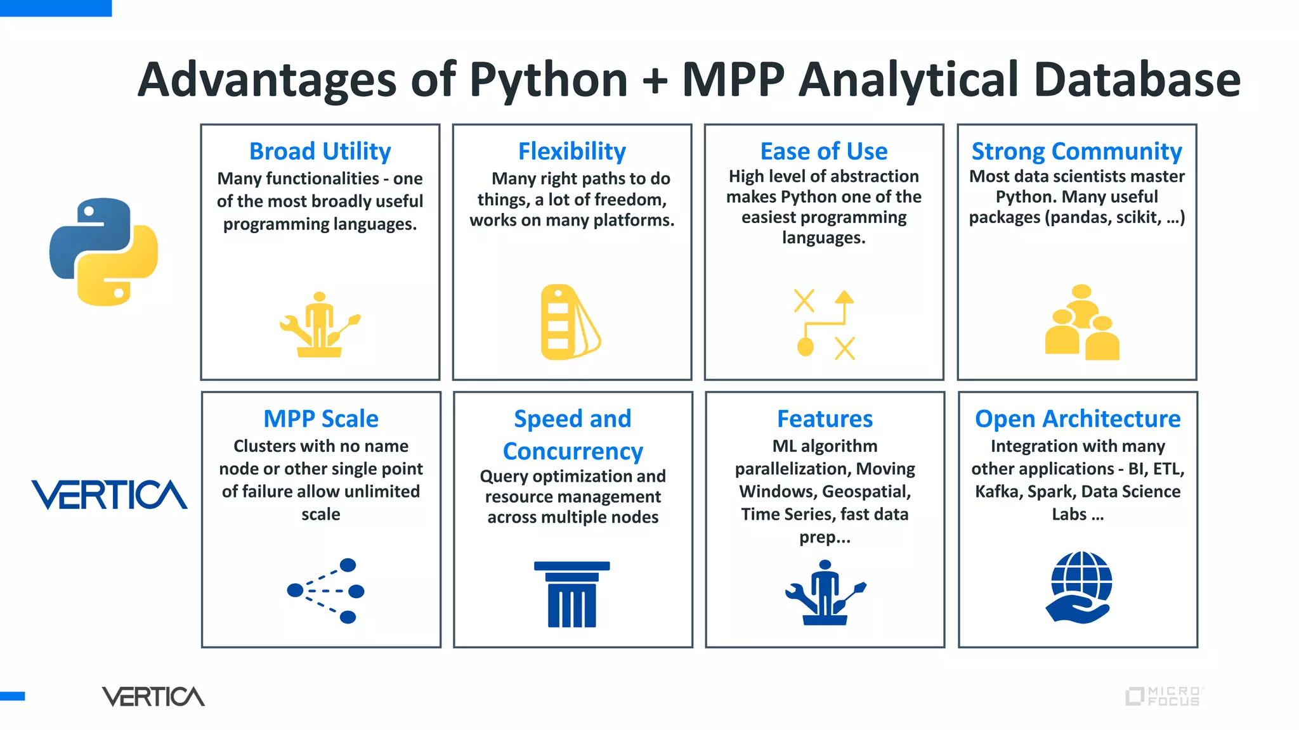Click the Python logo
click(x=103, y=252)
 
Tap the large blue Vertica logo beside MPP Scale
click(x=109, y=494)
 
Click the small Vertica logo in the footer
click(x=153, y=696)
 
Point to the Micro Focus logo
click(x=1163, y=696)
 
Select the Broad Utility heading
click(x=320, y=151)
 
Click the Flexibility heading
click(x=571, y=151)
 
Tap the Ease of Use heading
click(x=823, y=151)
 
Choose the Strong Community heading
click(x=1076, y=151)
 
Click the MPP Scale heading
click(x=320, y=419)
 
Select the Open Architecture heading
click(x=1077, y=419)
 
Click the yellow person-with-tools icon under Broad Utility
click(x=320, y=324)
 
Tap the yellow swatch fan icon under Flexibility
click(x=570, y=322)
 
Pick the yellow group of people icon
click(x=1082, y=323)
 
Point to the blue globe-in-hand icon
click(x=1080, y=587)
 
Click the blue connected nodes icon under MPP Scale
click(x=326, y=591)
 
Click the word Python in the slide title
click(x=548, y=80)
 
